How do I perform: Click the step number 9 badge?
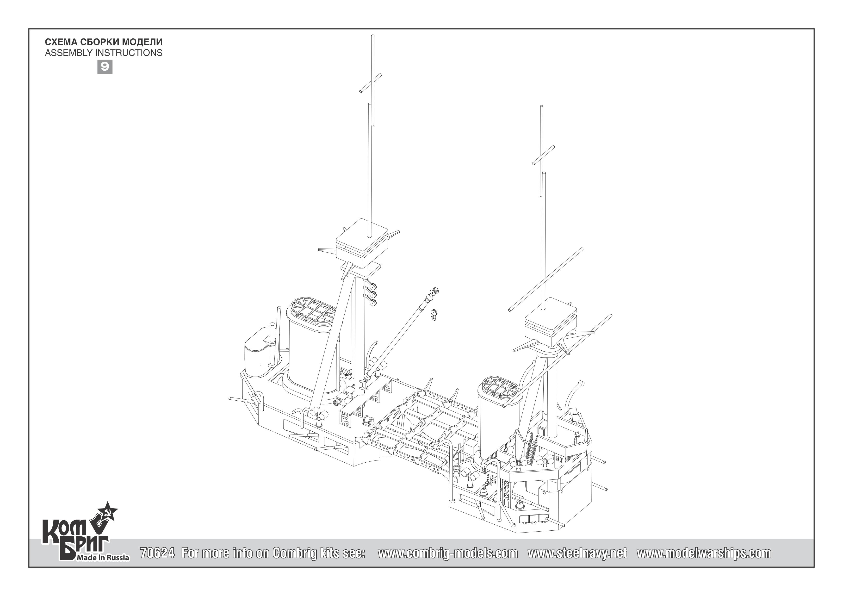105,67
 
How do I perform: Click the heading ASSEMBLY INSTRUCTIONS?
104,53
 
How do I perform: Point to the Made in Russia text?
102,558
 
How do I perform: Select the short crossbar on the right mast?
543,155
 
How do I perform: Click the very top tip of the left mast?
373,36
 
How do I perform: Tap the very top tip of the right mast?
542,107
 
